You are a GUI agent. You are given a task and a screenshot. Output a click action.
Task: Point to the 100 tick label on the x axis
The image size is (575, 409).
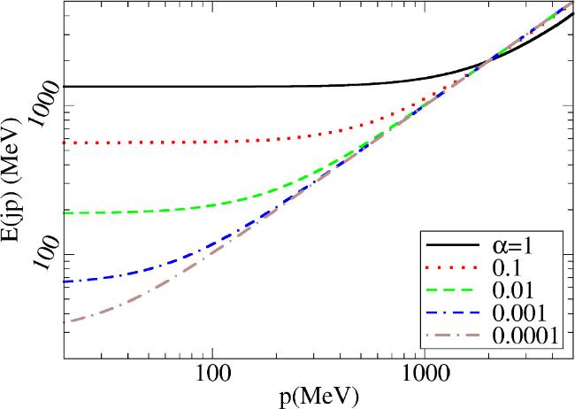pos(212,375)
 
